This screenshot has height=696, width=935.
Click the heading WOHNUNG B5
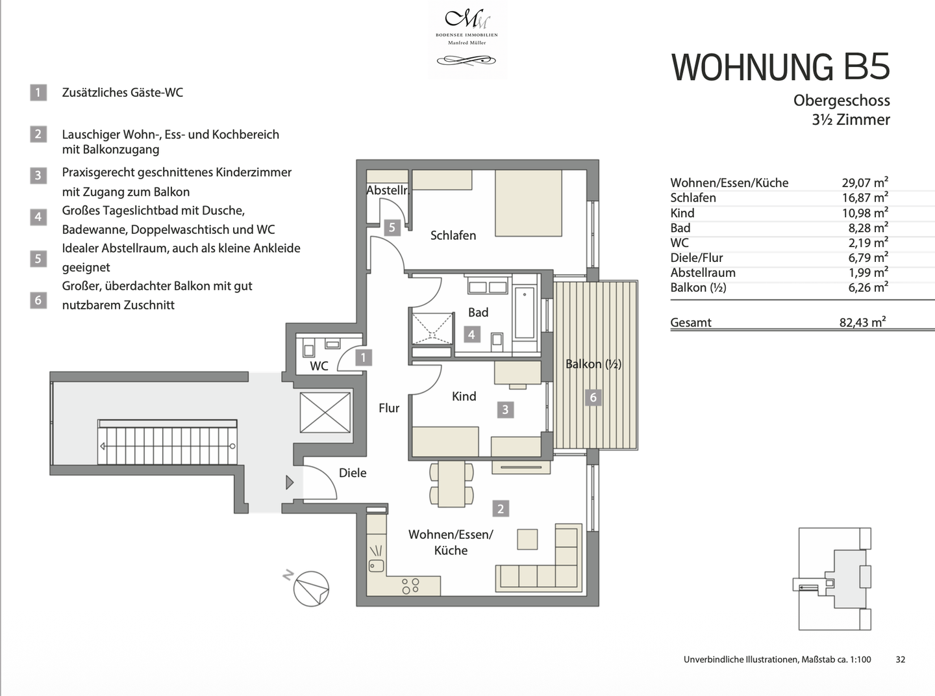coord(780,68)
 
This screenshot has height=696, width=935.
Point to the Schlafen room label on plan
coord(453,235)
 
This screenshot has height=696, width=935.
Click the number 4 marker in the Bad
coord(471,335)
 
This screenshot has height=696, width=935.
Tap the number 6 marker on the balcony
coord(592,397)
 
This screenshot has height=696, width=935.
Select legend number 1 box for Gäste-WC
coord(38,92)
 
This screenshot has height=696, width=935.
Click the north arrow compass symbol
coord(310,588)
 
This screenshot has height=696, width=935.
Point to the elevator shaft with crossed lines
coord(325,412)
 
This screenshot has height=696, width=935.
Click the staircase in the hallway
coord(167,442)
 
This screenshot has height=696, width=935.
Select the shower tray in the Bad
coord(432,328)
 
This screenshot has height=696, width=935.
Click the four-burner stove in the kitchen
coord(410,586)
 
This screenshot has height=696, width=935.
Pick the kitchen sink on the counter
coord(376,559)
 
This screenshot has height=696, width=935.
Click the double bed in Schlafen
coord(528,203)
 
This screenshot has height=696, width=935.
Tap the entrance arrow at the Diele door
coord(290,482)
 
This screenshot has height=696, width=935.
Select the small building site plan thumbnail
coord(834,578)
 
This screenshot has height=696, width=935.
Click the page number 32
coord(900,659)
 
